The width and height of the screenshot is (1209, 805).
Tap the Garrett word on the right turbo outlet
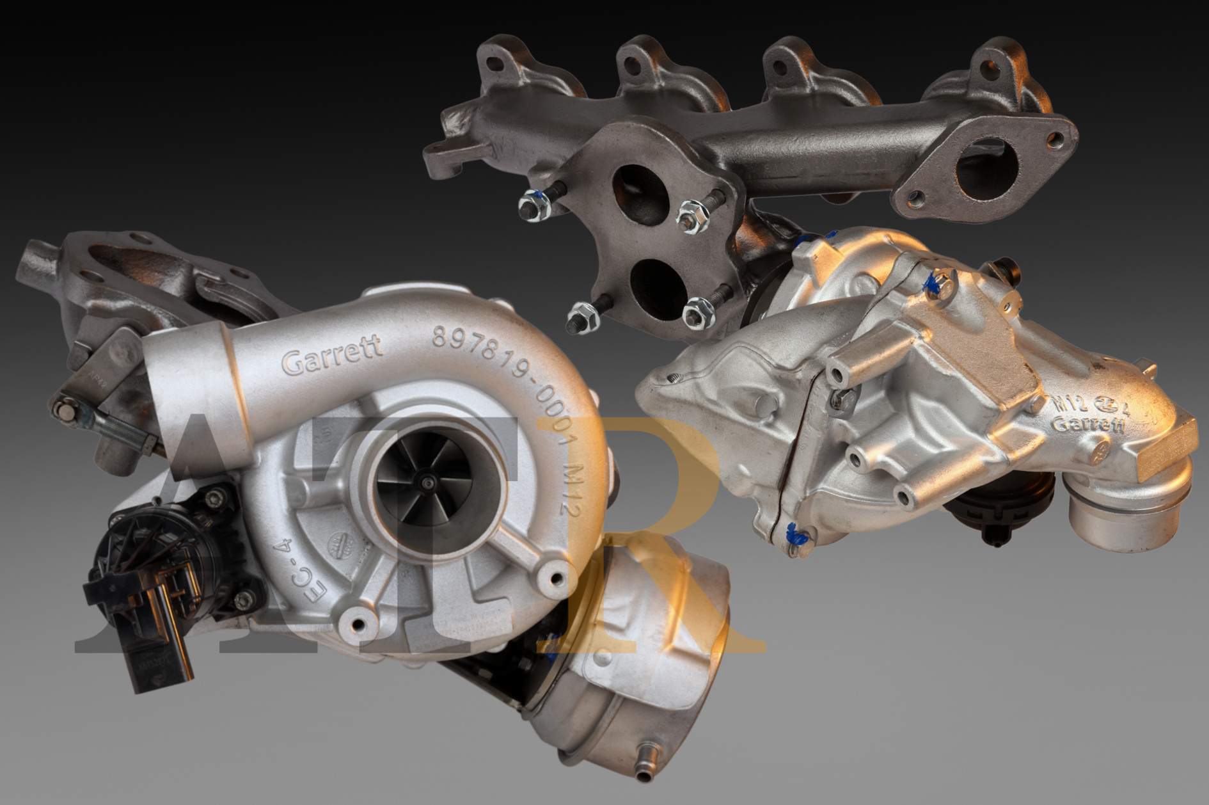1087,424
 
